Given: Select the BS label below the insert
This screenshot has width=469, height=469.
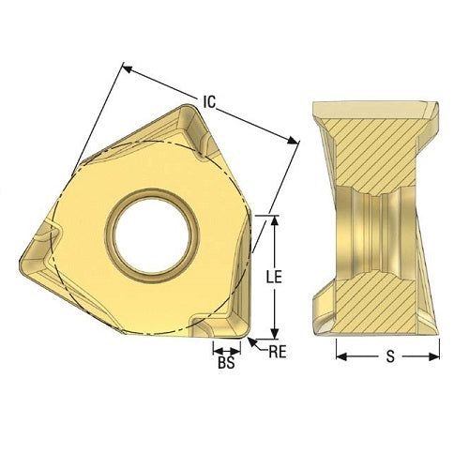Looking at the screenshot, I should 225,363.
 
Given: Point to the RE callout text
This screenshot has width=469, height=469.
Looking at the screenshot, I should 277,353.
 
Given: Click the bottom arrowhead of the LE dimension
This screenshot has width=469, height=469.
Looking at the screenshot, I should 274,334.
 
